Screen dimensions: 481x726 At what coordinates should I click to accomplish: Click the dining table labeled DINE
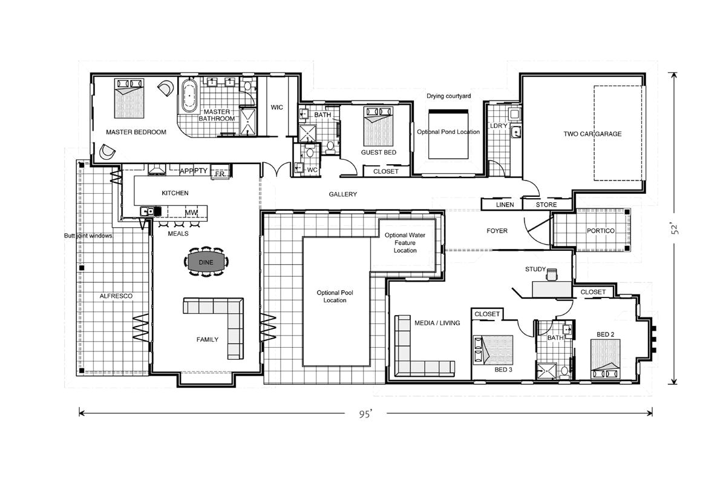[207, 262]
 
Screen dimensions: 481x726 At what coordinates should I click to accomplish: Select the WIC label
[277, 107]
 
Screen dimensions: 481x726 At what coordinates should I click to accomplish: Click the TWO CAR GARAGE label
[592, 134]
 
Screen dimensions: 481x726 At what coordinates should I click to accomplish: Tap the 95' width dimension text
[365, 414]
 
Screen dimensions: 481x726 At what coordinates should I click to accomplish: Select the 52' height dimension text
[678, 228]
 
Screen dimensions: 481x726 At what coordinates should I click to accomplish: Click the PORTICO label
[600, 231]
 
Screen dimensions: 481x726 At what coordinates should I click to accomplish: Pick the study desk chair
[551, 274]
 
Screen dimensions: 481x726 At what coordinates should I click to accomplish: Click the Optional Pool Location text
[335, 296]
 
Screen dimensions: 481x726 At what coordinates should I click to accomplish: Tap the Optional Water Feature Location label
[405, 242]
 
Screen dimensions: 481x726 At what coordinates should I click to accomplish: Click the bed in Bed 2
[606, 357]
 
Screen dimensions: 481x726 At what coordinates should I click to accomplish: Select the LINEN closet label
[505, 205]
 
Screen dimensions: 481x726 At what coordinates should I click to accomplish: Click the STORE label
[546, 205]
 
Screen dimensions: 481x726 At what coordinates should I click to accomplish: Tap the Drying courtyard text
[448, 96]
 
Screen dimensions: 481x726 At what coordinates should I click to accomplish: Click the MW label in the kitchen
[191, 213]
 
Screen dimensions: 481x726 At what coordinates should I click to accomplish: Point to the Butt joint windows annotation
[88, 236]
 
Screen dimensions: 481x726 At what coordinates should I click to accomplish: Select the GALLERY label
[342, 194]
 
